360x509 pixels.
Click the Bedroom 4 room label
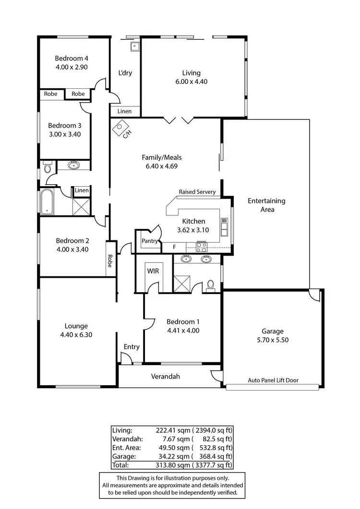click(x=72, y=59)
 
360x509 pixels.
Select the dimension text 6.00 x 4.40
click(x=191, y=82)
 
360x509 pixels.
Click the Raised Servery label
click(x=197, y=192)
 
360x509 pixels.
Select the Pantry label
click(x=150, y=241)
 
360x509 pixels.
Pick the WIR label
click(x=153, y=270)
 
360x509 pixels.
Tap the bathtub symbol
click(x=47, y=202)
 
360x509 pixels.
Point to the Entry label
click(x=132, y=347)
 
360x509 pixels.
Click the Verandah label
click(x=165, y=377)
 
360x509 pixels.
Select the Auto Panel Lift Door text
click(x=273, y=380)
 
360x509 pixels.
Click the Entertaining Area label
click(x=266, y=205)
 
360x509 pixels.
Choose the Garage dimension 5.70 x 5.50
click(x=272, y=340)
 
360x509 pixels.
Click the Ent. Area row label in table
click(x=126, y=448)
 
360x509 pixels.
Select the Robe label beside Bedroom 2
click(x=110, y=260)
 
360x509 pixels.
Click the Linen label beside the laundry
click(x=124, y=111)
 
